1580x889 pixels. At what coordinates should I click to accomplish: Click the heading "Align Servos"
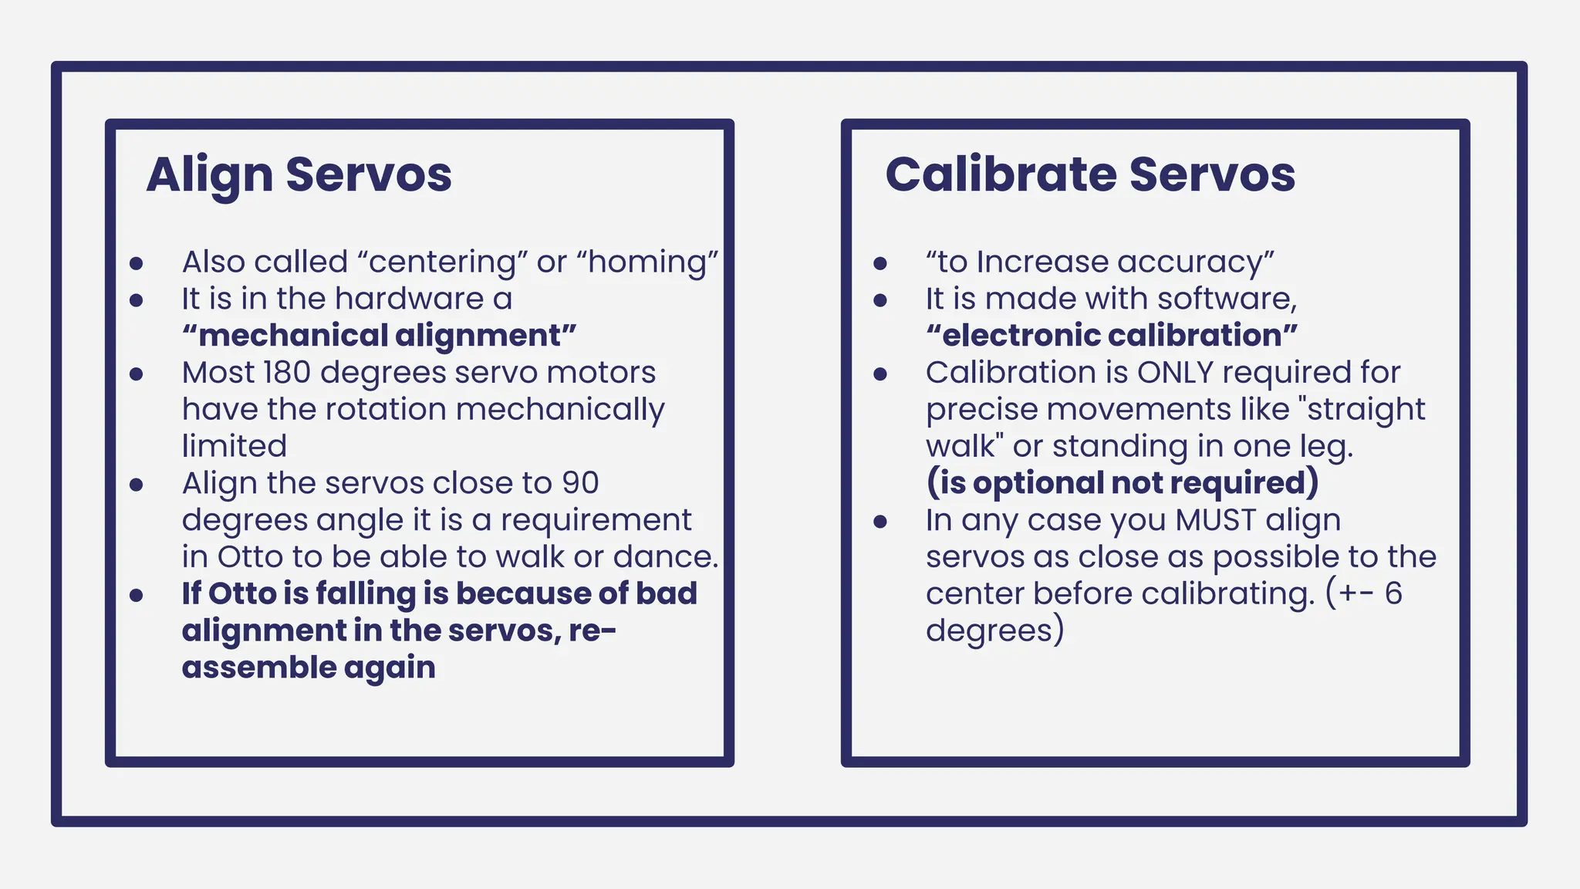point(299,174)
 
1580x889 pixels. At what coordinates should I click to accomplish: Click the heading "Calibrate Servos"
point(1089,174)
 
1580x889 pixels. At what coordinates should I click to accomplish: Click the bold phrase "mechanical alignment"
point(380,336)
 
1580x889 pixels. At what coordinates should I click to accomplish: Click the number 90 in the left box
point(579,483)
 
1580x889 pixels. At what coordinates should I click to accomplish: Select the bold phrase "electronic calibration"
point(1112,336)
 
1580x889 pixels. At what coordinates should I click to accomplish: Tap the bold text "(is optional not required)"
point(1123,483)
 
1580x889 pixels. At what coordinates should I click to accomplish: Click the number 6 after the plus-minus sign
point(1393,593)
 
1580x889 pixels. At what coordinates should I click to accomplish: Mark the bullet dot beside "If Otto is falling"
point(137,595)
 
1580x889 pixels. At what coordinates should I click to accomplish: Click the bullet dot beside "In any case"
point(880,522)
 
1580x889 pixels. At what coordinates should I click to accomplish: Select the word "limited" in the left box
point(235,446)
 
